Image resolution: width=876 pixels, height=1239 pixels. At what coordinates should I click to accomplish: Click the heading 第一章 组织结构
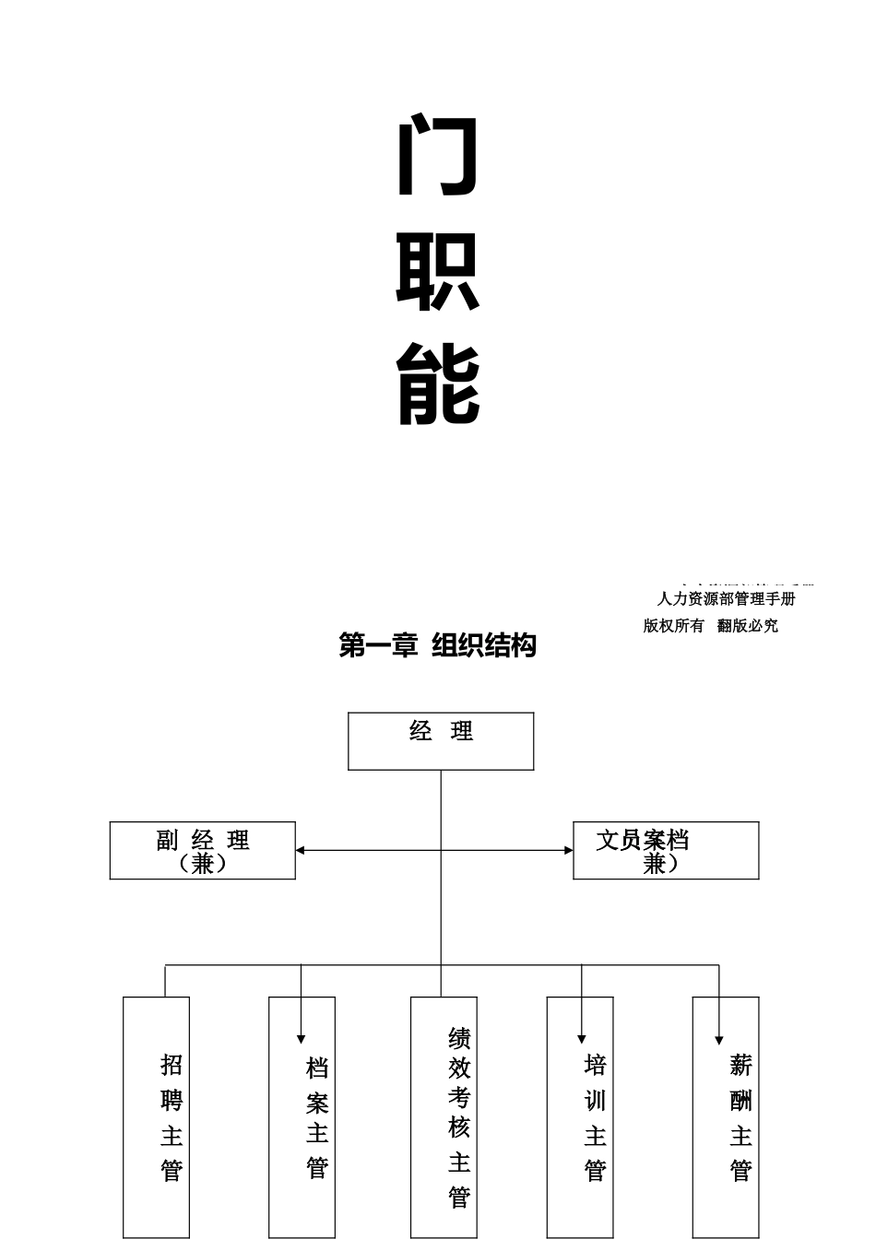tap(438, 645)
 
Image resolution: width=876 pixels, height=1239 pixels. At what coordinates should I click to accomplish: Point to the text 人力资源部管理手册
tap(726, 598)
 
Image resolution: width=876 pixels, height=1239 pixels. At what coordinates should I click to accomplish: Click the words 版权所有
tap(673, 626)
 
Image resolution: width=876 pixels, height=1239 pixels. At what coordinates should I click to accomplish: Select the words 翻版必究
tap(748, 626)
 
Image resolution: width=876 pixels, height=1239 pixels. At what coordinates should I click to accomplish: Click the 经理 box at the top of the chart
tap(441, 741)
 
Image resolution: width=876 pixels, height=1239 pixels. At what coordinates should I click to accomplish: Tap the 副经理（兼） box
tap(203, 851)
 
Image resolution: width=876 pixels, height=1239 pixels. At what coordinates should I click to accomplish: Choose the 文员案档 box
tap(666, 851)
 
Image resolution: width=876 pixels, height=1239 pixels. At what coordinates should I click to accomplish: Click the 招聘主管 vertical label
tap(172, 1117)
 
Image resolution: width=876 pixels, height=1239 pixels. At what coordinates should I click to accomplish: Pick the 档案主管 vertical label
tap(317, 1117)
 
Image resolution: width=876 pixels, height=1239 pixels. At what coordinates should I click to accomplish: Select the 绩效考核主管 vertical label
tap(459, 1117)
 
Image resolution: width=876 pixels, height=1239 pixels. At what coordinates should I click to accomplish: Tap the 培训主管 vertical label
tap(595, 1117)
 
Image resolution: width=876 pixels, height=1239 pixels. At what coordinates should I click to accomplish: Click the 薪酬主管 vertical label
tap(740, 1117)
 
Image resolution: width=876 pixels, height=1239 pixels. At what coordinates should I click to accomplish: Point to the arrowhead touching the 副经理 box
tap(301, 850)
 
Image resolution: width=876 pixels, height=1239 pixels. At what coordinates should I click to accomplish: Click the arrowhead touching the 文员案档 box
tap(568, 850)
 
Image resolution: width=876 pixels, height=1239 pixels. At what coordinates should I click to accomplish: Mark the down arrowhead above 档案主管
tap(302, 1039)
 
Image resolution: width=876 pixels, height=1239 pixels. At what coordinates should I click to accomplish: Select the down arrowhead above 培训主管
tap(582, 1039)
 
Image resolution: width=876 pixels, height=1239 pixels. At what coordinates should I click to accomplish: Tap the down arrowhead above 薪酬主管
tap(719, 1040)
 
